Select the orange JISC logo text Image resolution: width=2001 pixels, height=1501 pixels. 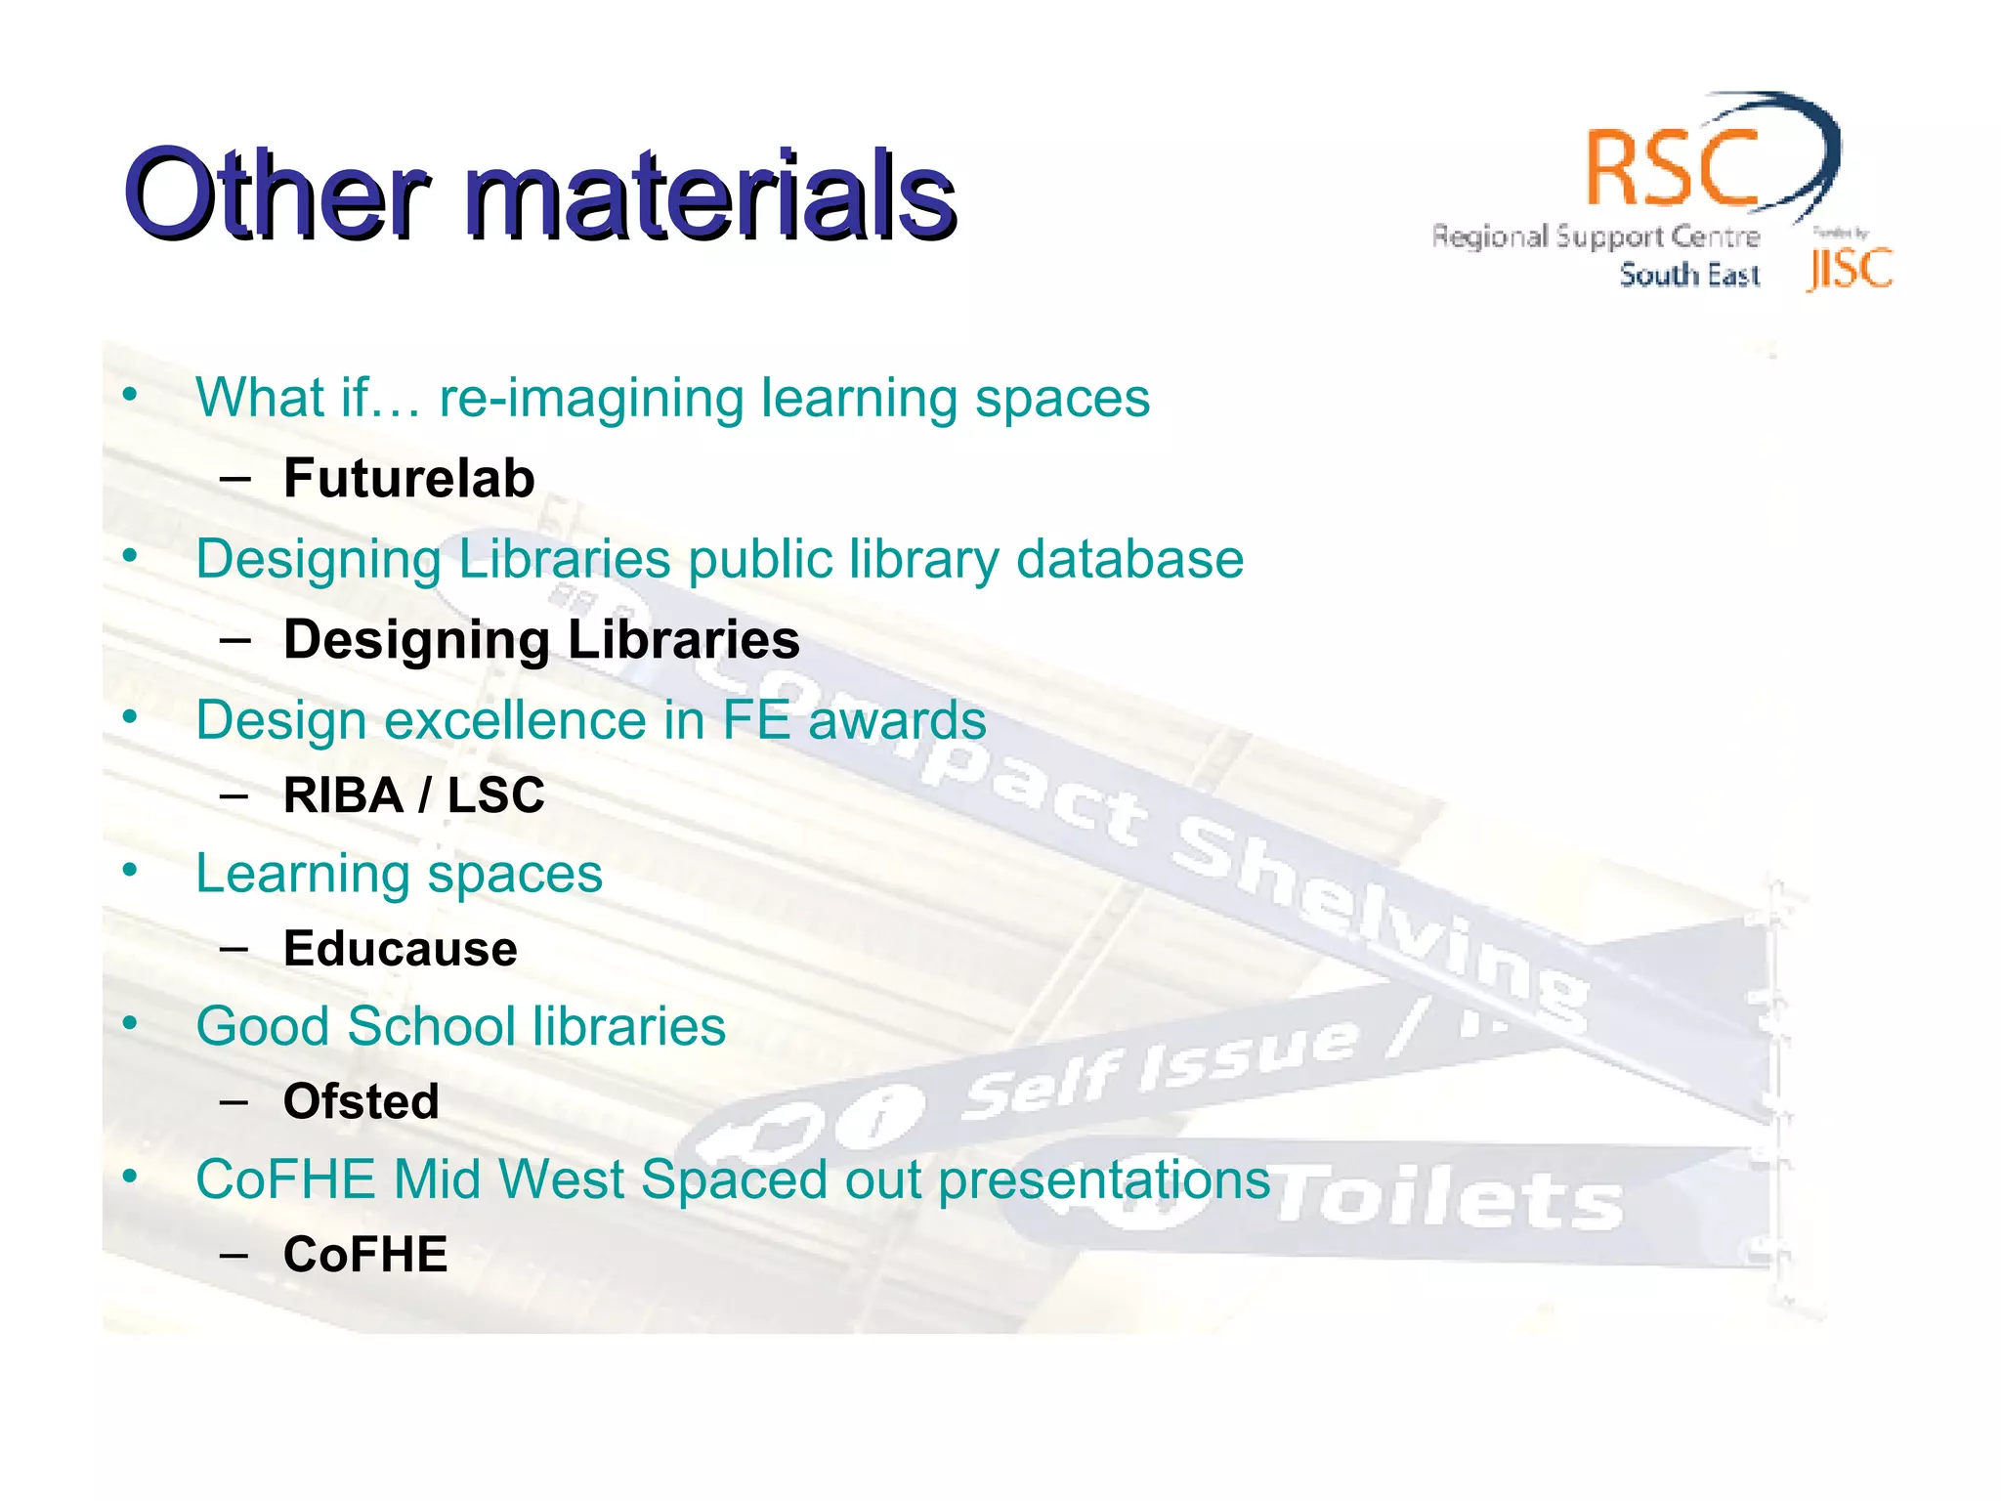(1850, 270)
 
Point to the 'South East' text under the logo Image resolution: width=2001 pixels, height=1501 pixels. (1689, 276)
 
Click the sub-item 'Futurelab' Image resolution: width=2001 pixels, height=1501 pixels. (408, 478)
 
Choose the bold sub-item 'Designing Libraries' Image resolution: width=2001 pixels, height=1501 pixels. (541, 639)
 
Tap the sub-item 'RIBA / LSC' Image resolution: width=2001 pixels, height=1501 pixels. (413, 793)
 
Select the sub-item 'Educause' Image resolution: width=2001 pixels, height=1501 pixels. (400, 948)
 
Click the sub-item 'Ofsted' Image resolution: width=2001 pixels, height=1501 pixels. (361, 1101)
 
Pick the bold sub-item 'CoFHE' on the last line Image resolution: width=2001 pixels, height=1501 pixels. (364, 1254)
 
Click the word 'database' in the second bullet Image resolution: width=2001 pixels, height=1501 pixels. (1129, 559)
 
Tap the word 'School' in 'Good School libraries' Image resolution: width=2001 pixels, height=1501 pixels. (431, 1026)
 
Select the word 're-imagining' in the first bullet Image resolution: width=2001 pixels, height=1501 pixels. (591, 398)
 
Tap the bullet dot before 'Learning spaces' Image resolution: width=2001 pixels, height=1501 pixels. (130, 869)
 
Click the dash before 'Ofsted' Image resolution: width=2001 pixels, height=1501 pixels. (234, 1102)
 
